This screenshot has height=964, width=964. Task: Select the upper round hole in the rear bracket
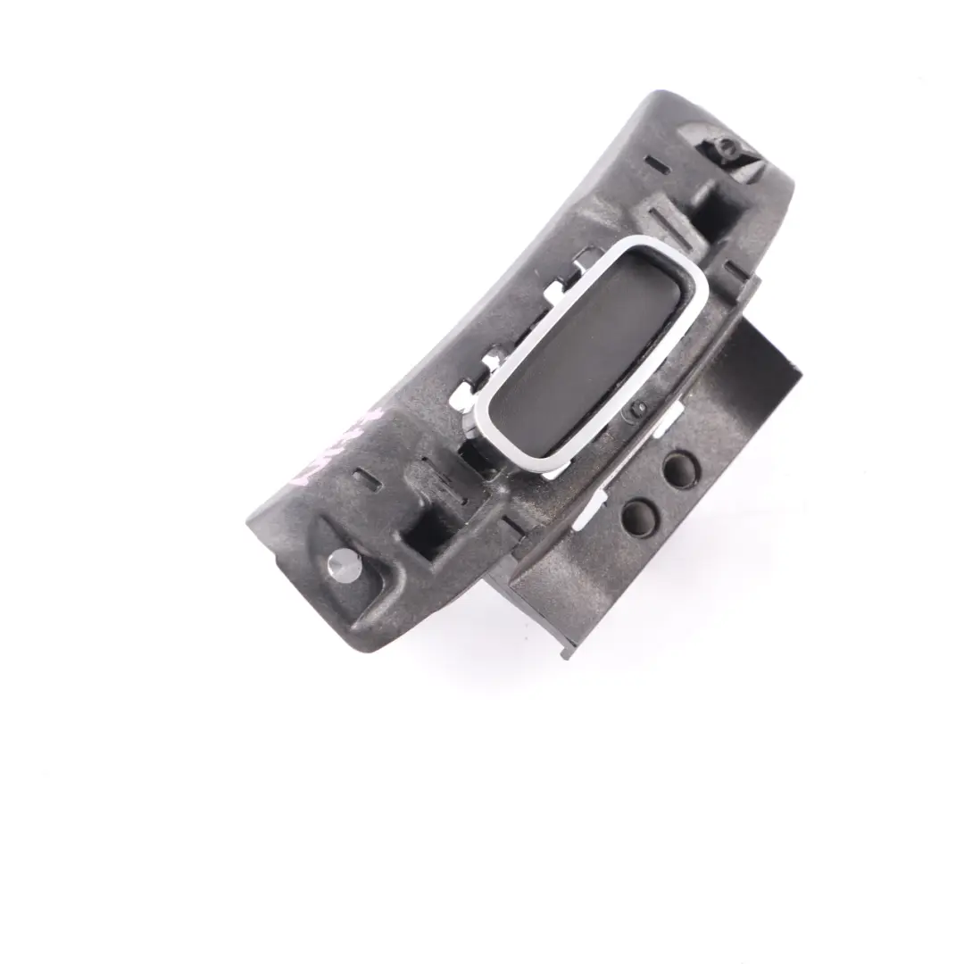(680, 470)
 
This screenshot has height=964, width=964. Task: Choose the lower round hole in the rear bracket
(639, 517)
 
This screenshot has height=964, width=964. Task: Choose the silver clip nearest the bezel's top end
(584, 262)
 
